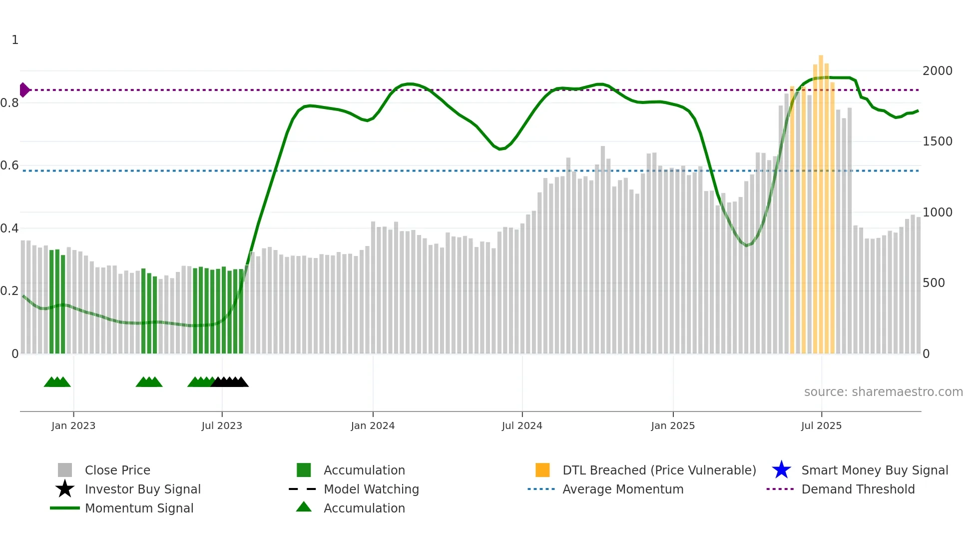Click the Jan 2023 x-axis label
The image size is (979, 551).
point(73,426)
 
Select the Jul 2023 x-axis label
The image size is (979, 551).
point(222,426)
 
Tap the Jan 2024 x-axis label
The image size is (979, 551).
point(373,426)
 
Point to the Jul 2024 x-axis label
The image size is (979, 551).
point(522,426)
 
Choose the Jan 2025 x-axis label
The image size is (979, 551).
point(673,426)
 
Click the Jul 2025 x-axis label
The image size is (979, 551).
point(821,426)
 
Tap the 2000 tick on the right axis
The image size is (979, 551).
point(937,71)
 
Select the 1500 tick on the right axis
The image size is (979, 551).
point(937,141)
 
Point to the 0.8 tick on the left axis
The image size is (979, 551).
point(9,103)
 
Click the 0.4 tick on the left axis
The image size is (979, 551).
point(9,228)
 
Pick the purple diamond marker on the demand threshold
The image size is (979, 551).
point(24,90)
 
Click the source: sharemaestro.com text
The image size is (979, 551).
point(883,392)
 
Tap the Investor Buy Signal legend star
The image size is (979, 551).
point(65,489)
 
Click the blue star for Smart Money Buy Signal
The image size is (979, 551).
point(781,470)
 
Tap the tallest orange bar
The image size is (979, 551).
point(821,200)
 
